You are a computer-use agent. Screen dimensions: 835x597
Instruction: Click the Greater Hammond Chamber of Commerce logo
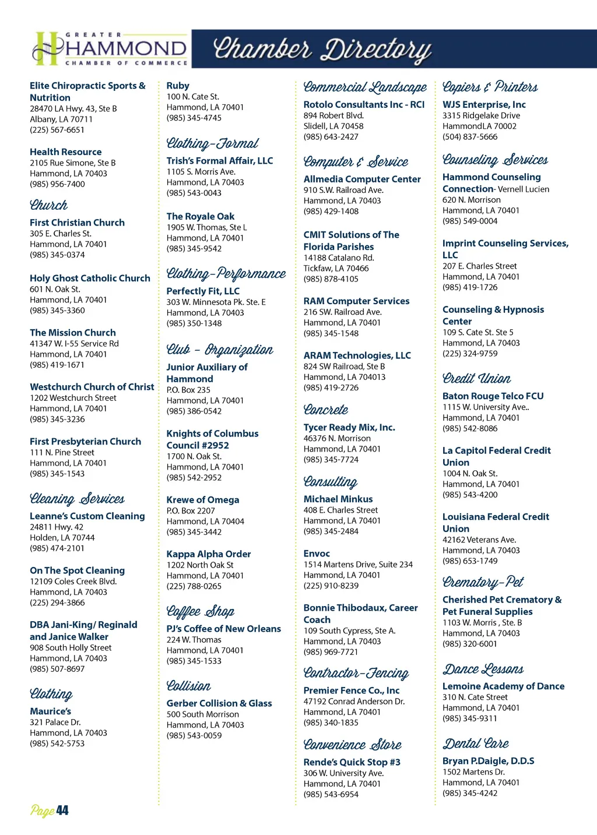tap(110, 48)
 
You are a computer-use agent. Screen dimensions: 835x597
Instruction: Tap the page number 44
tap(50, 811)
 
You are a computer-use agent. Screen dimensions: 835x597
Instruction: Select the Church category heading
tap(49, 205)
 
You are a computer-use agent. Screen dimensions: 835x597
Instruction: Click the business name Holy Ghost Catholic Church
tap(90, 279)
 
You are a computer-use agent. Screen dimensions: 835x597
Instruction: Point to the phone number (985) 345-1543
tap(57, 474)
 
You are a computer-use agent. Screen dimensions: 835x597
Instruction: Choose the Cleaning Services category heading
tap(77, 499)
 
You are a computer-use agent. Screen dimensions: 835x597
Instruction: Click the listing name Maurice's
tap(50, 711)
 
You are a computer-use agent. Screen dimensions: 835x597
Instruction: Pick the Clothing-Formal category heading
tap(212, 143)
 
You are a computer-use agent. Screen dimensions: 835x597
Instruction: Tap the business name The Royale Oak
tap(201, 217)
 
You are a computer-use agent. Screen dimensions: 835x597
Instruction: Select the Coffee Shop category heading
tap(200, 611)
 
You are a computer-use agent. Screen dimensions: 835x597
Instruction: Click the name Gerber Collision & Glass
tap(219, 703)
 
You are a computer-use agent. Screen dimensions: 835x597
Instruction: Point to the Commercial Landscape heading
tap(365, 87)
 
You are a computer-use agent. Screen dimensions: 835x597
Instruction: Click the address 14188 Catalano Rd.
tap(339, 258)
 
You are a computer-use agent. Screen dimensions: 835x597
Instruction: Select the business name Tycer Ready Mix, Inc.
tap(349, 428)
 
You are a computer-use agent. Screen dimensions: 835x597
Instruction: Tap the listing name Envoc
tap(317, 554)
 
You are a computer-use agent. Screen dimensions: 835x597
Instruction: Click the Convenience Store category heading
tap(352, 745)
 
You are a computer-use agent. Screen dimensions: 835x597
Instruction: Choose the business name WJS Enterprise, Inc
tap(484, 105)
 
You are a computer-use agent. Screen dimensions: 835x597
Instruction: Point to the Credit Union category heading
tap(476, 379)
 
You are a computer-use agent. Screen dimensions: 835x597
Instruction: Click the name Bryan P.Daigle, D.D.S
tap(488, 761)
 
